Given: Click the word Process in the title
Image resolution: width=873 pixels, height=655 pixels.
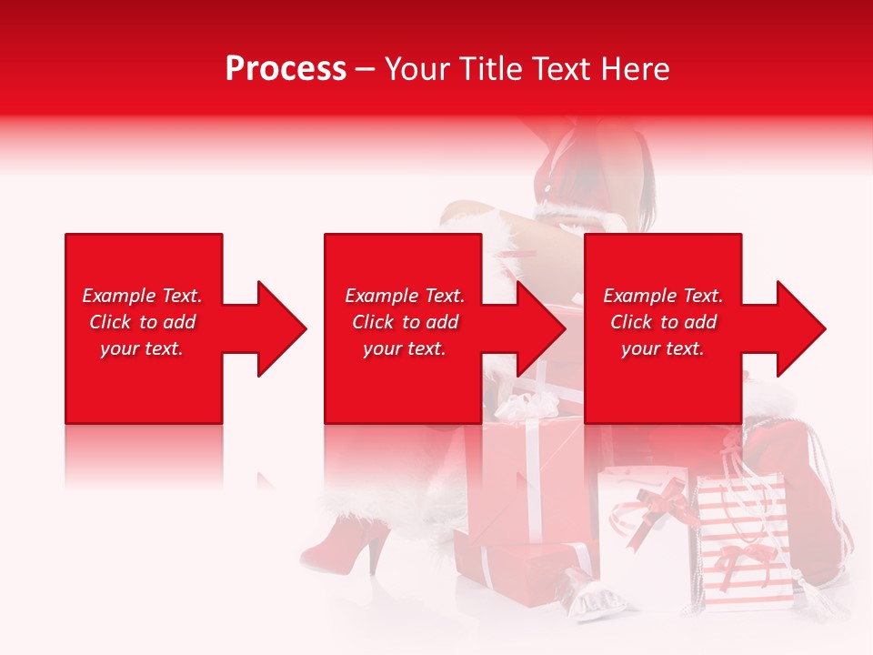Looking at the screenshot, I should (x=286, y=69).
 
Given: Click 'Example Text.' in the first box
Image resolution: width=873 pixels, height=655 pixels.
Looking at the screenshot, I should (x=142, y=296).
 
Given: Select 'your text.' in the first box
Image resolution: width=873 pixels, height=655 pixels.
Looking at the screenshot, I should (x=142, y=348).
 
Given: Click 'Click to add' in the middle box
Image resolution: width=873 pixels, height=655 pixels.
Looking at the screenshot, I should (x=405, y=322).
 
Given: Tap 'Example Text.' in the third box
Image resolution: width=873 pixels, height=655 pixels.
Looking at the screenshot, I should (x=663, y=296).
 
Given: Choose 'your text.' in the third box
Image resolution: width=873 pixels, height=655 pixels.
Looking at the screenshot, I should (x=663, y=348).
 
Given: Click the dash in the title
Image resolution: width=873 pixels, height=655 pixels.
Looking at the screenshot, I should (x=365, y=69).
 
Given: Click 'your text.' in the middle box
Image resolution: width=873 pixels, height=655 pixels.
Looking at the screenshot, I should (x=405, y=348).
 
